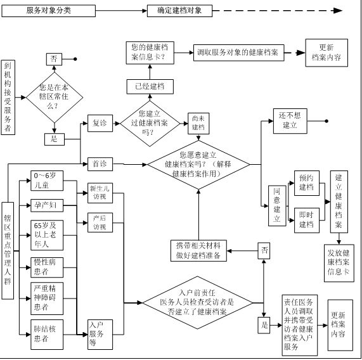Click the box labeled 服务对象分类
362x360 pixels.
pos(48,11)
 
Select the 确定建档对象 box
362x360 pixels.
pos(179,11)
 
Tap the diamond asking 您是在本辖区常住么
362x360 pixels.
pos(55,98)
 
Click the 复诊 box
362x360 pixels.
pos(100,123)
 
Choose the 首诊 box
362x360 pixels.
pos(100,164)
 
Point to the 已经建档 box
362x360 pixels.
pos(150,87)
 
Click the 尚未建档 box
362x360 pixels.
pos(198,124)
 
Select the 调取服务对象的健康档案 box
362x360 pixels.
pos(239,53)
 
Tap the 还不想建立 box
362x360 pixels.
pos(290,121)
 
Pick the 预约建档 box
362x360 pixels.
pos(307,183)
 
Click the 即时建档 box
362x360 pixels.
pos(307,221)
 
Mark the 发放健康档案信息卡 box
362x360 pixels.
pos(339,263)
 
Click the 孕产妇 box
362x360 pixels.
pos(47,205)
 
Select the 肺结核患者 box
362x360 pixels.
pos(47,335)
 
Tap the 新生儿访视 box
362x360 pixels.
pos(100,193)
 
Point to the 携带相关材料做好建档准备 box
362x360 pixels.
pos(198,251)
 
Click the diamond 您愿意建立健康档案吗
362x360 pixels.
pos(198,165)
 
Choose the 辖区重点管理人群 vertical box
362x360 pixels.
pos(8,251)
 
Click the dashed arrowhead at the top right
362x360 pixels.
pos(338,10)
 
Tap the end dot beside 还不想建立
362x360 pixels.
pos(326,121)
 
